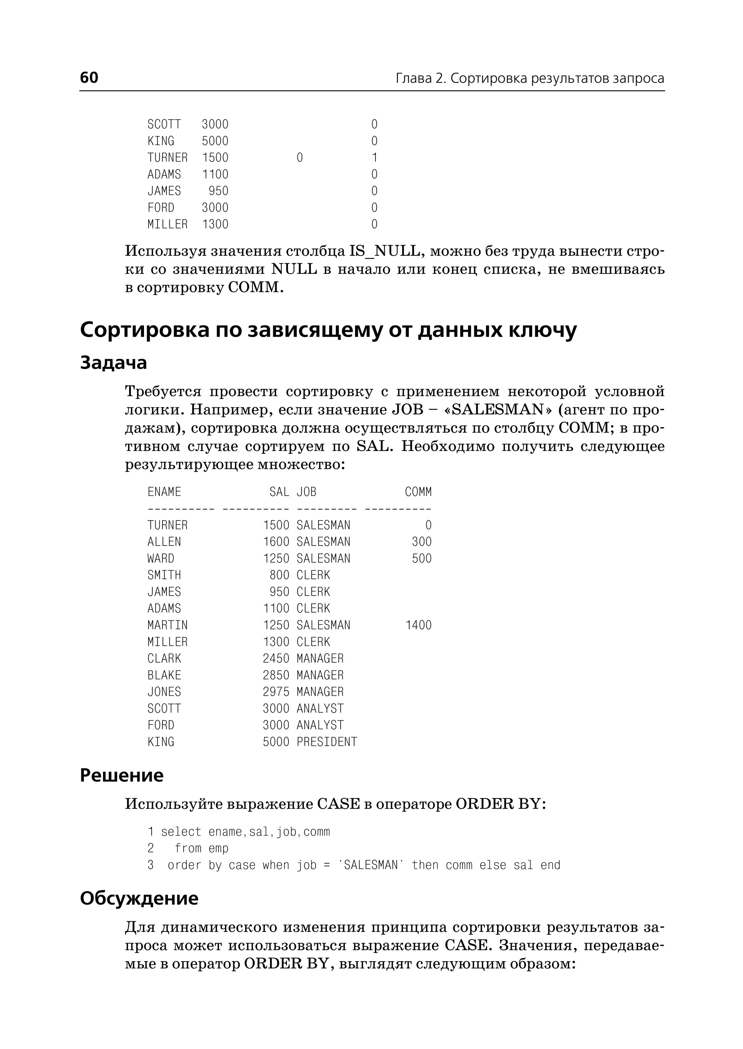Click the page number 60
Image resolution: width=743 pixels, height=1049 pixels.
[x=89, y=77]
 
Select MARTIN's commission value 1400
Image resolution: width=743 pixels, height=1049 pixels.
[x=418, y=625]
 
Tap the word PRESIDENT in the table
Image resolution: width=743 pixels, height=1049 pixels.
[x=327, y=741]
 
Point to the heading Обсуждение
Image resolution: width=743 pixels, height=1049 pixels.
[x=139, y=898]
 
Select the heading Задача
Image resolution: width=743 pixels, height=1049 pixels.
[x=114, y=363]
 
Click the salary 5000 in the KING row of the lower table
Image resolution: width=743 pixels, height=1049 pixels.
[x=276, y=741]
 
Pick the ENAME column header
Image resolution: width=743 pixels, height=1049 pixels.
[x=164, y=492]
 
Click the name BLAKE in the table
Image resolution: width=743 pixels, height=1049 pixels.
[x=164, y=675]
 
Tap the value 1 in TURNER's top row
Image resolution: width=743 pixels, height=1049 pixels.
[x=374, y=157]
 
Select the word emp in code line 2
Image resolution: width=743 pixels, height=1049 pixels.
[x=218, y=848]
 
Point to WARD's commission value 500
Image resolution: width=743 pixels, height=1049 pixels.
[x=421, y=558]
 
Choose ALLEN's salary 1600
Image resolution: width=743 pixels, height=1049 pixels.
[x=276, y=542]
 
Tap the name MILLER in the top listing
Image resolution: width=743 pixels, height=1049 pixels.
[x=168, y=224]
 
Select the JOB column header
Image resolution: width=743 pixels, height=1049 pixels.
[x=306, y=492]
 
